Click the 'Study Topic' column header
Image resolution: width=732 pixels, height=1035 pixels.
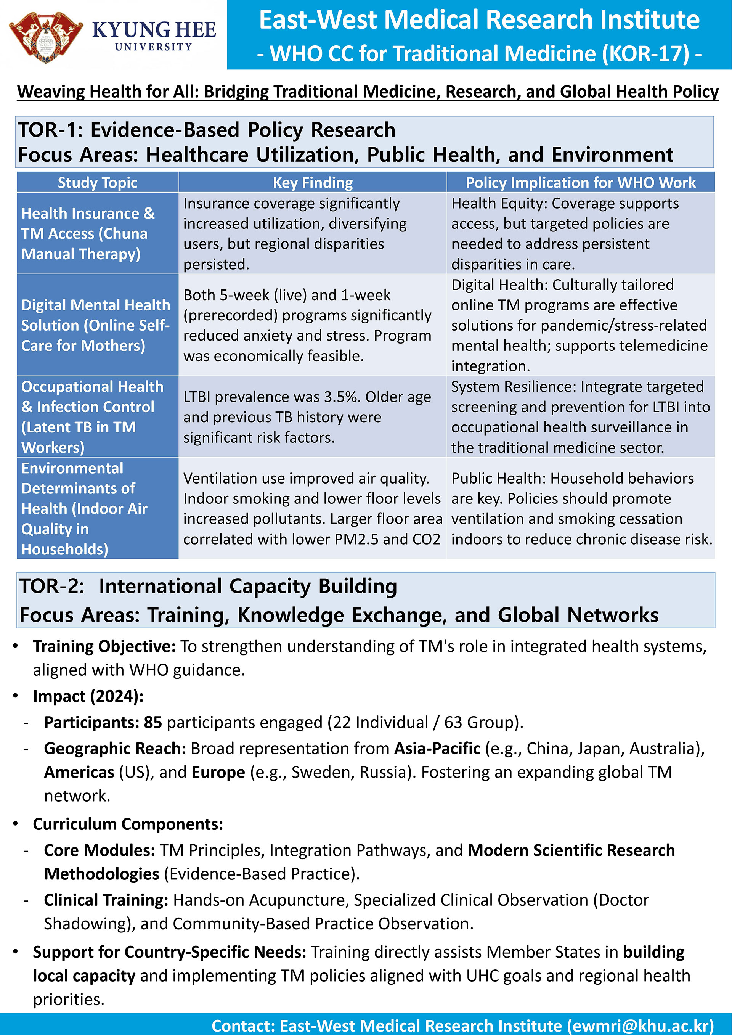97,183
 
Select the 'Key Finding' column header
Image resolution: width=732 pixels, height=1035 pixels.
312,183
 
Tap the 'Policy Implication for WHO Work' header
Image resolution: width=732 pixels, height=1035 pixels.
581,183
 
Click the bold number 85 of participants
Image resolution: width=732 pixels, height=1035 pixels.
153,722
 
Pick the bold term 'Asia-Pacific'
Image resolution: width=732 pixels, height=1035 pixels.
437,748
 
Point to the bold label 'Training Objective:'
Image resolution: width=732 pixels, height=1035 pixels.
104,646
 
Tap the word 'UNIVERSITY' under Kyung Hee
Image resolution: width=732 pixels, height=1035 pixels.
153,47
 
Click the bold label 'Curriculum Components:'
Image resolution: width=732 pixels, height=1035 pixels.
128,824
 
